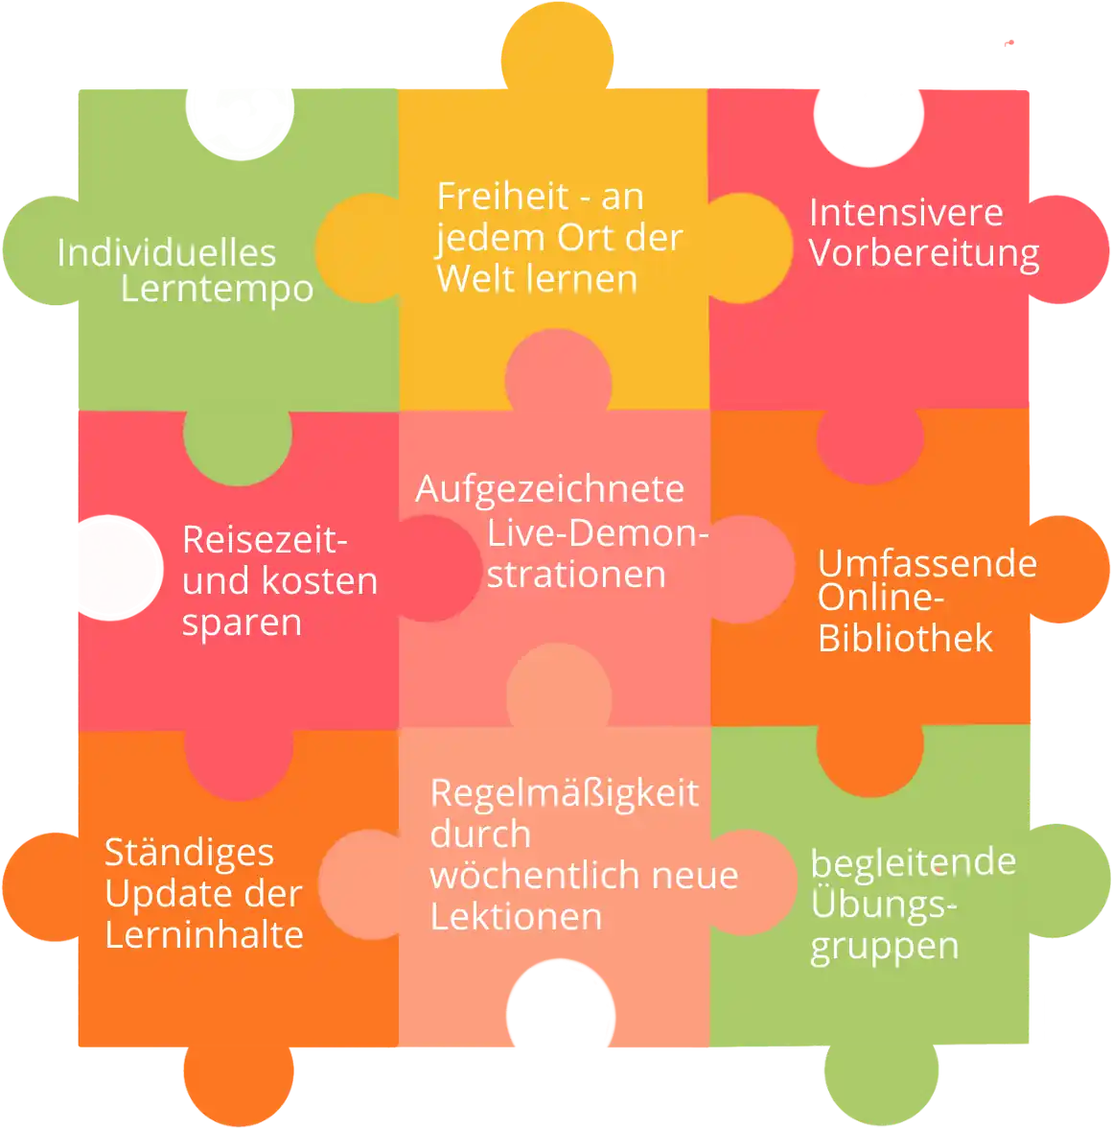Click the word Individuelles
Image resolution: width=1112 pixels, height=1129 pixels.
click(x=166, y=252)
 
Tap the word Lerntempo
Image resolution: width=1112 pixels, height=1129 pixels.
click(x=217, y=290)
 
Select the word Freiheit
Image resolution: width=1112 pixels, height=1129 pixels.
click(x=502, y=196)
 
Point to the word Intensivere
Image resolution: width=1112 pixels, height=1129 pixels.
click(x=906, y=212)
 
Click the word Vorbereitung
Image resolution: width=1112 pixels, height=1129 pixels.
click(x=923, y=253)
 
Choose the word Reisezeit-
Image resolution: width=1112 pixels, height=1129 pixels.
click(x=265, y=539)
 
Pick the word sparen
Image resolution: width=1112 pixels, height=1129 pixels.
click(x=242, y=623)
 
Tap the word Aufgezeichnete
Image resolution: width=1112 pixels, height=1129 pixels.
click(x=550, y=489)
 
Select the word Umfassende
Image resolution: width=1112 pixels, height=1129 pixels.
click(x=927, y=563)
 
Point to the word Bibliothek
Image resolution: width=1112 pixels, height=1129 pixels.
click(x=905, y=638)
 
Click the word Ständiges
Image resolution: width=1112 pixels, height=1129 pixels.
click(x=189, y=854)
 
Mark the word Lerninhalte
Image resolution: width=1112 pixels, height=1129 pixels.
click(x=203, y=934)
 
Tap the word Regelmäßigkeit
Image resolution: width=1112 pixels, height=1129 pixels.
click(x=565, y=794)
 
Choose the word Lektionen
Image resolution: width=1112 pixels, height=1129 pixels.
click(x=516, y=917)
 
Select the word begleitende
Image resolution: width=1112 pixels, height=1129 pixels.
click(x=913, y=862)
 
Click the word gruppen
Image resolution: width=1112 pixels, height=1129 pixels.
click(x=885, y=947)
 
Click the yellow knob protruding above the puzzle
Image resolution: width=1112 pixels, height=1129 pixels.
click(x=557, y=47)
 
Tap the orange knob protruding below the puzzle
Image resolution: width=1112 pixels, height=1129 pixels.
click(x=239, y=1084)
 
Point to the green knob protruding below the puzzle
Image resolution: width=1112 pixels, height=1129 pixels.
click(x=881, y=1082)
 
